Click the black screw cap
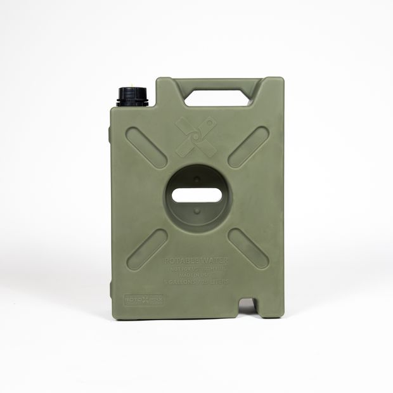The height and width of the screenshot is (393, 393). point(132,96)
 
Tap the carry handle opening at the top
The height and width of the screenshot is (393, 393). point(217,98)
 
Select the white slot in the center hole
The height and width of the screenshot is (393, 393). point(196,195)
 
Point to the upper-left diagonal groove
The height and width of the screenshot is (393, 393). point(146,148)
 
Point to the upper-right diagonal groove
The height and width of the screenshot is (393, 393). point(248,148)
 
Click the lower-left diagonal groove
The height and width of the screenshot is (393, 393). point(147,249)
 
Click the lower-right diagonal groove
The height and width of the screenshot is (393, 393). point(248,248)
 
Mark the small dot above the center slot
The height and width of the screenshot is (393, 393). point(196,179)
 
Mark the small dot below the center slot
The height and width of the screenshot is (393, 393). point(196,210)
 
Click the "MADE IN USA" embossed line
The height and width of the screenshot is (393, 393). point(196,274)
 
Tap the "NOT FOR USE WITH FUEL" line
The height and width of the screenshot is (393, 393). point(196,268)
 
